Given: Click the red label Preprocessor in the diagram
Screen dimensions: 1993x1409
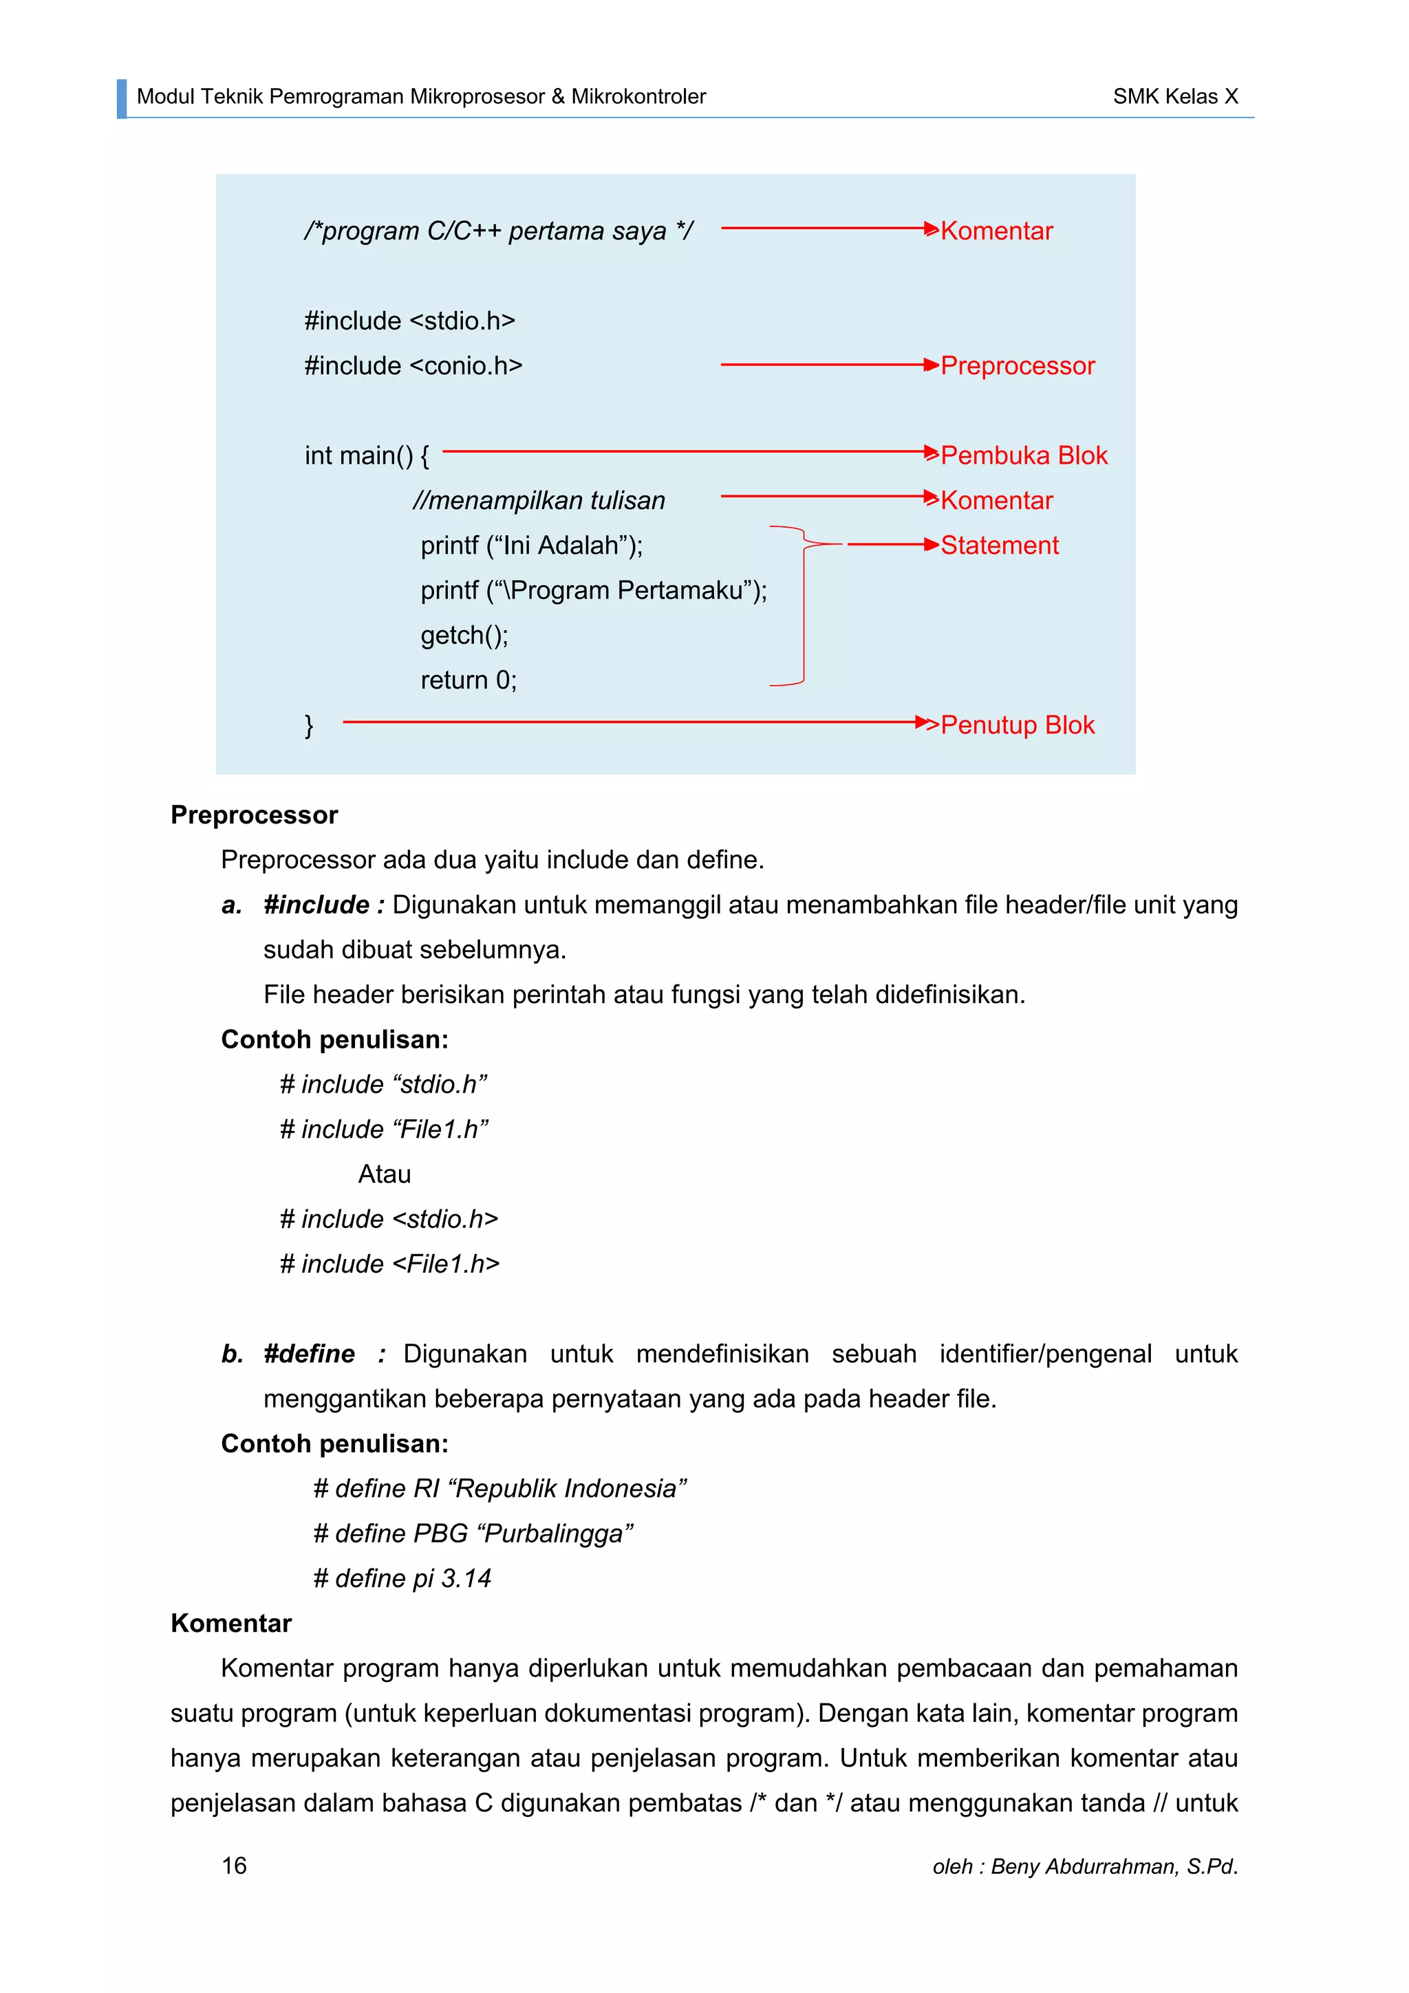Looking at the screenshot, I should [x=1017, y=365].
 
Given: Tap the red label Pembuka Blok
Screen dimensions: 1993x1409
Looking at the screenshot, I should [x=1024, y=455].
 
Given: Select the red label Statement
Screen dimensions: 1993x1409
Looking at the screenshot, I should [x=999, y=545].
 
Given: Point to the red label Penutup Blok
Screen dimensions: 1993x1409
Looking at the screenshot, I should [x=1017, y=725].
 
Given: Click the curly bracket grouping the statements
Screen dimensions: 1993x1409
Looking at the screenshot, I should [x=803, y=607].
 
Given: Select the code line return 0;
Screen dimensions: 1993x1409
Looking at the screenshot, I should [x=469, y=680].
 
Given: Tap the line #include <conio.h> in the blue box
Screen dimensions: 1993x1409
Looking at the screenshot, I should [x=413, y=365].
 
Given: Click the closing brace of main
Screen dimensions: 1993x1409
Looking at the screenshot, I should [x=309, y=725].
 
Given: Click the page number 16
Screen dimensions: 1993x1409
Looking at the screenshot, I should [x=235, y=1866].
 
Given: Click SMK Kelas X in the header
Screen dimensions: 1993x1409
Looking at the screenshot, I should [x=1176, y=96].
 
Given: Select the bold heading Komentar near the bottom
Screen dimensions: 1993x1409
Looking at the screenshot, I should [x=231, y=1623].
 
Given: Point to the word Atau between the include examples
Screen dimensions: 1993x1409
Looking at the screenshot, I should [x=385, y=1174].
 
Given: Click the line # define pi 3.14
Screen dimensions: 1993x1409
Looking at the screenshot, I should [x=402, y=1578].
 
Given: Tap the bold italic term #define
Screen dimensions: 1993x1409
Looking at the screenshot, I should [x=309, y=1354].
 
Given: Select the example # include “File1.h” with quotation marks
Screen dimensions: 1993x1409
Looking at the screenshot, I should [x=384, y=1130].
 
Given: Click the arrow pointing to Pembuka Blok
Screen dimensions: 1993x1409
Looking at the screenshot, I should [x=686, y=452].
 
